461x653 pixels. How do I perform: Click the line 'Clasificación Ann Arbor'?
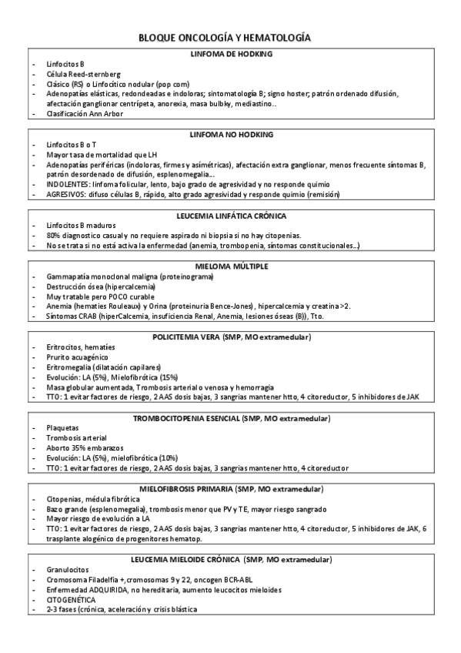(85, 114)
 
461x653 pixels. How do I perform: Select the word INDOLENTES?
(68, 185)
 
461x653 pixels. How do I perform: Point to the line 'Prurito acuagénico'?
(78, 357)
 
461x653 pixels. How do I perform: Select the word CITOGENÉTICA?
(71, 599)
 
